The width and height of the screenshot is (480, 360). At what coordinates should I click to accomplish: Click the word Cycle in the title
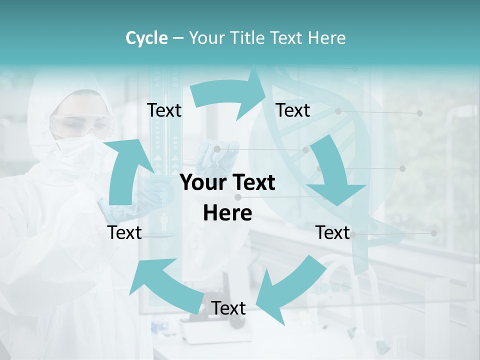[146, 38]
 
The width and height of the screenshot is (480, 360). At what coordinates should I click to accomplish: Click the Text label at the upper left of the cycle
[164, 110]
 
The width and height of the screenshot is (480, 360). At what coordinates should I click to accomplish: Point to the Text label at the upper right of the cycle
[293, 110]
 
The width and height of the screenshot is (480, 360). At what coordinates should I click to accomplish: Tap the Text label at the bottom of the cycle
[228, 308]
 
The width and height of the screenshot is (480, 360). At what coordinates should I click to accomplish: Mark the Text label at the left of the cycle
[124, 233]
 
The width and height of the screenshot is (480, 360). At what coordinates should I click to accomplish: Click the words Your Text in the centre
[227, 183]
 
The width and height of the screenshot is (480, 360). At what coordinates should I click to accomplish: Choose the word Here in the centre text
[227, 213]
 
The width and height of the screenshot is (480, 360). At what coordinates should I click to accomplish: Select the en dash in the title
[178, 38]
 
